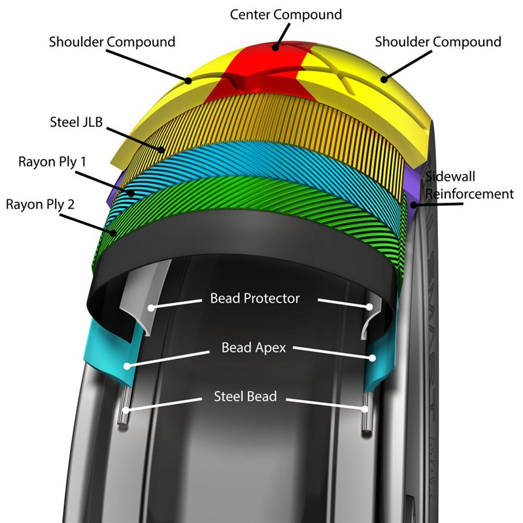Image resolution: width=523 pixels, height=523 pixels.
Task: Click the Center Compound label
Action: (285, 14)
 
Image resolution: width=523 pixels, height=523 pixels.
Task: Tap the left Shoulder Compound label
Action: (112, 42)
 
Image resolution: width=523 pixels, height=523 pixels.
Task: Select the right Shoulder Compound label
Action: (438, 42)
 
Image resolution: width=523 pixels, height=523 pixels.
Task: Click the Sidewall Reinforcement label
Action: (468, 185)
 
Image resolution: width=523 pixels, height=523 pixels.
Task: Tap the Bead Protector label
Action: (255, 299)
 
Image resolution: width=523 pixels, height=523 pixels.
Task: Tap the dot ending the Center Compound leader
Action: (276, 46)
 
